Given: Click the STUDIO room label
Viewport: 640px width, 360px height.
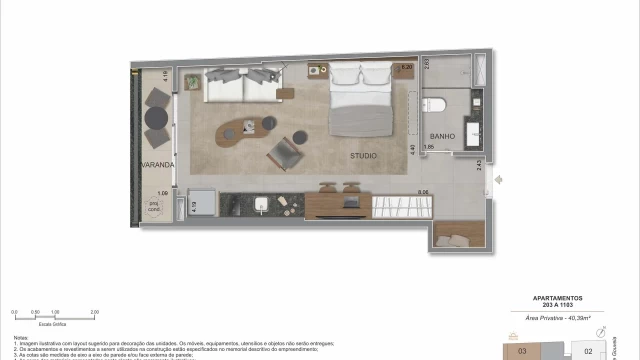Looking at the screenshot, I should [x=363, y=156].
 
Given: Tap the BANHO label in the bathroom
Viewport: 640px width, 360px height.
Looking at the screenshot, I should [x=442, y=136].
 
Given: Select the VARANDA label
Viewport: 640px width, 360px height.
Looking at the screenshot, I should [x=157, y=164].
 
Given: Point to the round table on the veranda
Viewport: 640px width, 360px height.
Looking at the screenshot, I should [x=156, y=118].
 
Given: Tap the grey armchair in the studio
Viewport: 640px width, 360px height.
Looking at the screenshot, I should [x=283, y=154].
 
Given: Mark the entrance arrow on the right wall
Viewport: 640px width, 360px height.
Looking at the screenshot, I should [x=499, y=181].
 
